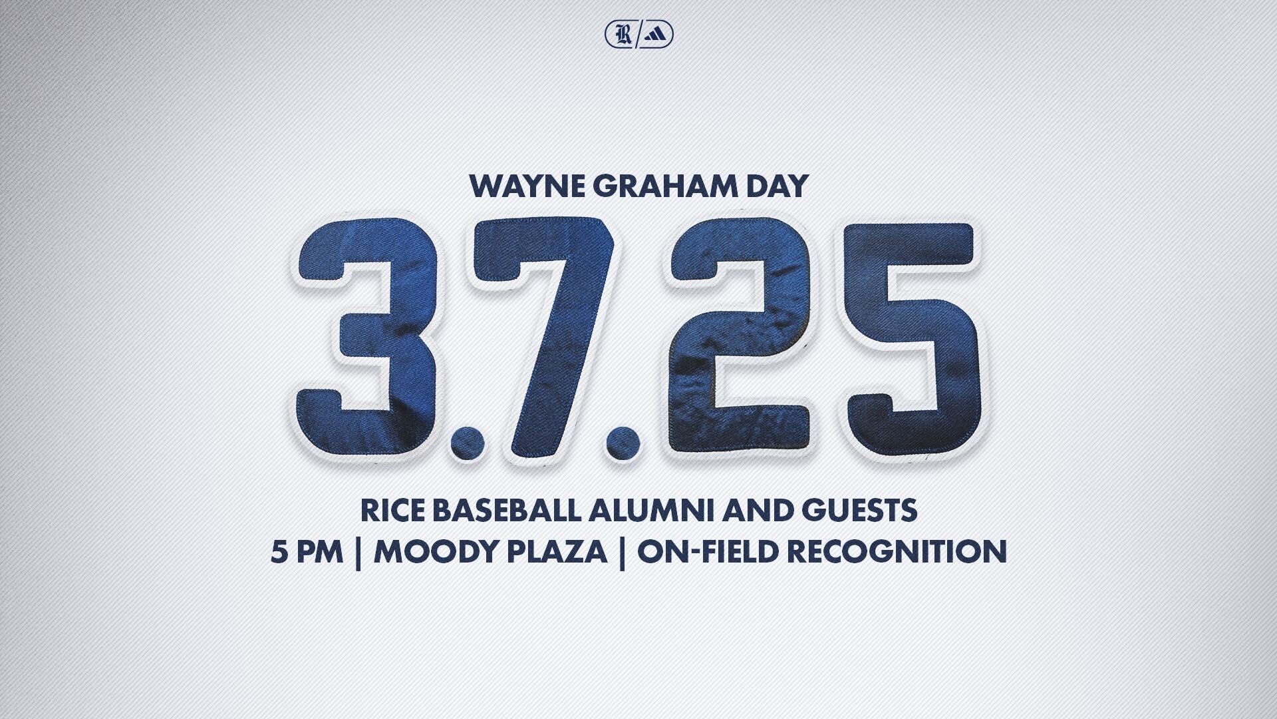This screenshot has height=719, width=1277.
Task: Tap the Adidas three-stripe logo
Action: pyautogui.click(x=658, y=35)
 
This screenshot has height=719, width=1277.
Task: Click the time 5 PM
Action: pyautogui.click(x=307, y=552)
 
